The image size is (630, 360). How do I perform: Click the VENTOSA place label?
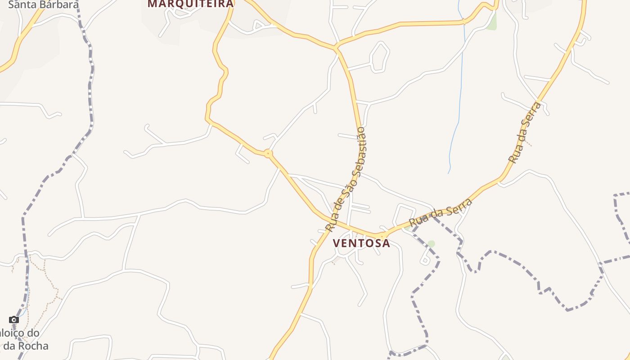(x=361, y=243)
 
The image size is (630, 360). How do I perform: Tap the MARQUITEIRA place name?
(x=190, y=4)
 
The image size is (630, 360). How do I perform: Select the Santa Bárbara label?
(x=43, y=4)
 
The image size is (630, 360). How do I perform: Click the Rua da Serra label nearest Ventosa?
(x=441, y=213)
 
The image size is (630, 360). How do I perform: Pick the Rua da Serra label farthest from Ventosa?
(x=525, y=132)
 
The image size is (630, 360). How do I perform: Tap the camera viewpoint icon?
(x=14, y=320)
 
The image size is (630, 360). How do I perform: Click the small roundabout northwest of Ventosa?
(x=268, y=154)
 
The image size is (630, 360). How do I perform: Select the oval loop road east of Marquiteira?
(x=379, y=57)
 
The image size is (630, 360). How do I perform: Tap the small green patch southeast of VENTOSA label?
(x=431, y=244)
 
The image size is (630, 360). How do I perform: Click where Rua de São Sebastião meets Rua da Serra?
(x=380, y=235)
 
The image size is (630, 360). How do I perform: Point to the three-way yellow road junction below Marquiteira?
(x=336, y=47)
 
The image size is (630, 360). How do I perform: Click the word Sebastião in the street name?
(x=359, y=149)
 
